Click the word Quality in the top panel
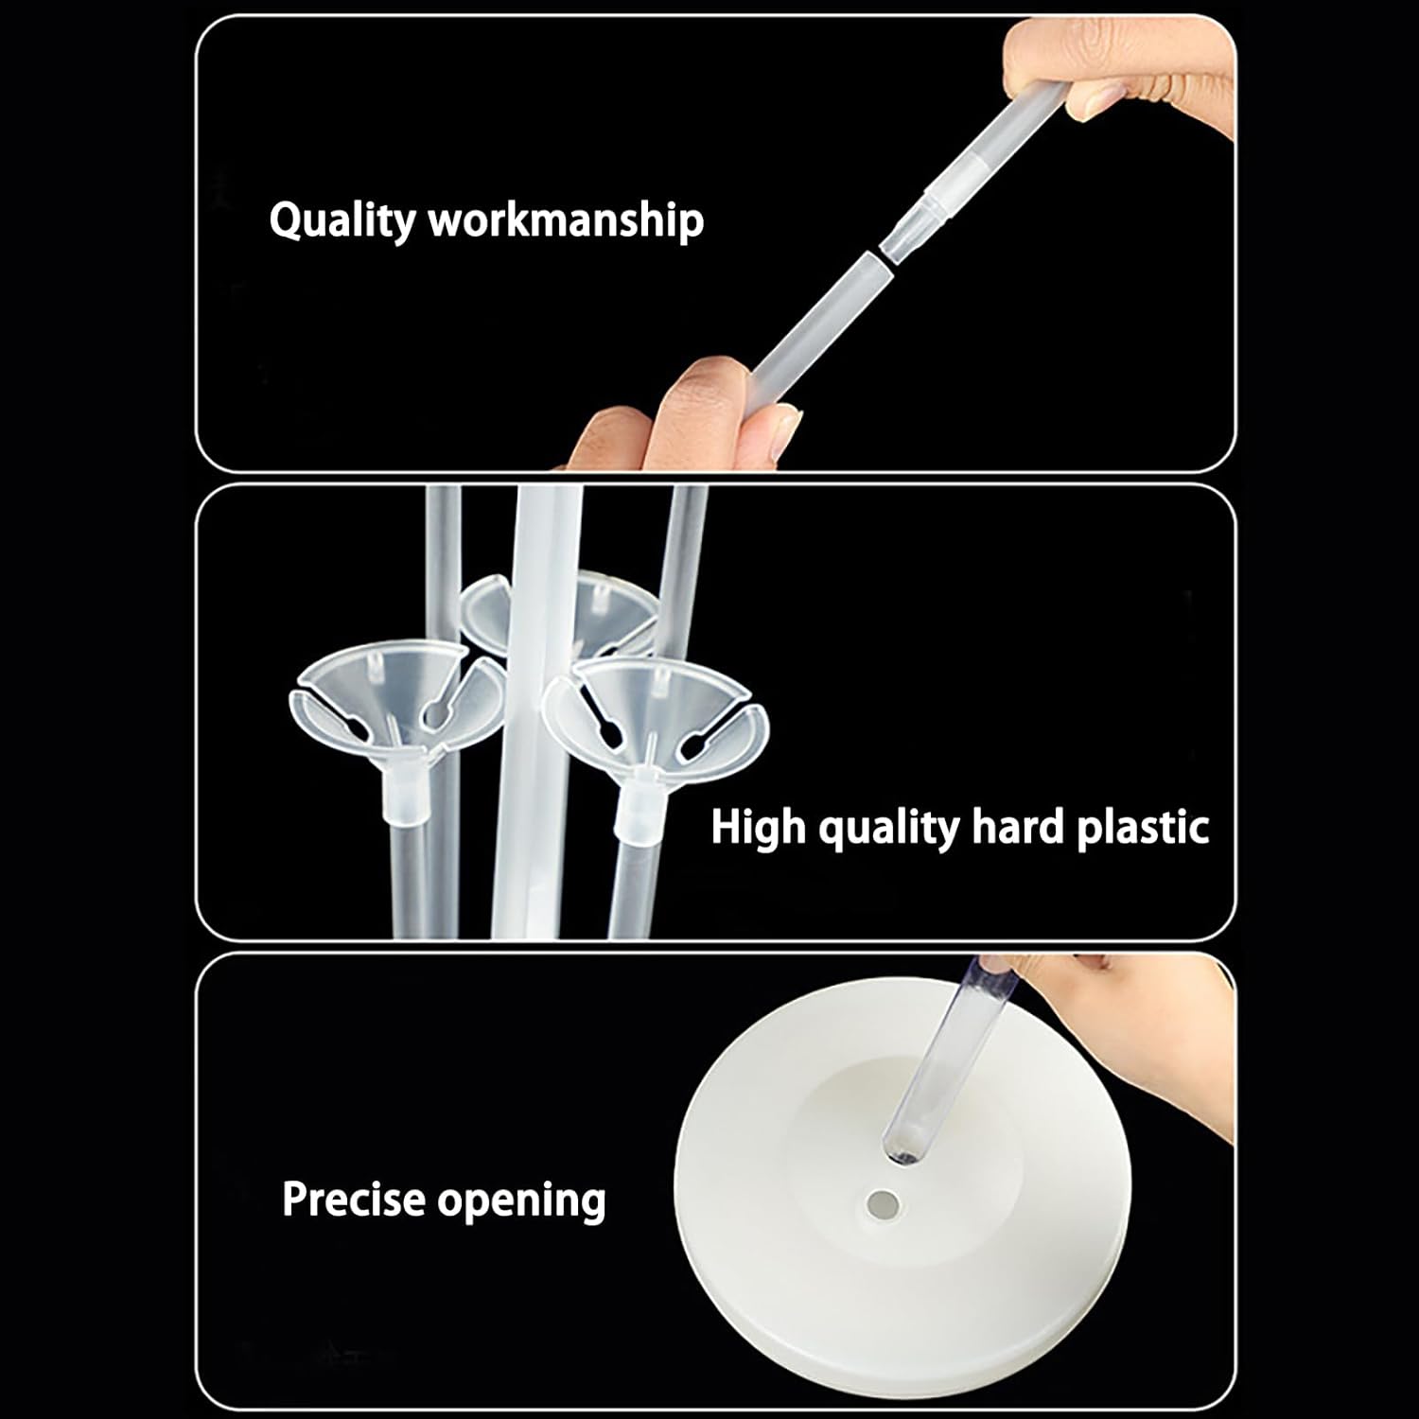click(x=342, y=221)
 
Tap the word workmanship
click(x=566, y=219)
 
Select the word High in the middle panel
click(x=759, y=827)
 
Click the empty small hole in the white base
click(x=885, y=1204)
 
